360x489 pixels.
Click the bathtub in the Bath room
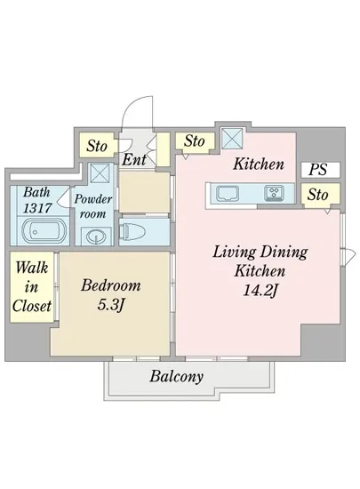click(x=44, y=231)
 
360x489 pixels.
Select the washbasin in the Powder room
click(x=96, y=236)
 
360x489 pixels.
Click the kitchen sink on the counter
click(x=228, y=193)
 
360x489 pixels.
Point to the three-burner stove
click(x=274, y=193)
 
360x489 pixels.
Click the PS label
click(x=317, y=170)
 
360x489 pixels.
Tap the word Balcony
click(x=176, y=376)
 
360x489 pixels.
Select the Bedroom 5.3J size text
click(x=111, y=305)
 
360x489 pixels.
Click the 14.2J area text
click(x=260, y=291)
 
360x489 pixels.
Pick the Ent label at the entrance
click(x=134, y=160)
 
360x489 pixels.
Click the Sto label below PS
click(x=317, y=195)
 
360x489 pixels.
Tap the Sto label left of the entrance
click(x=97, y=146)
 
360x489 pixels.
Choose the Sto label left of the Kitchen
click(x=194, y=141)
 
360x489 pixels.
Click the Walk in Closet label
click(x=31, y=287)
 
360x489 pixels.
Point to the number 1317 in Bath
click(x=37, y=208)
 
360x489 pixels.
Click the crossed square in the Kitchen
click(x=232, y=138)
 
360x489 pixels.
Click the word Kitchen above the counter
click(x=259, y=164)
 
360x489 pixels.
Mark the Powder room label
click(x=92, y=206)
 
